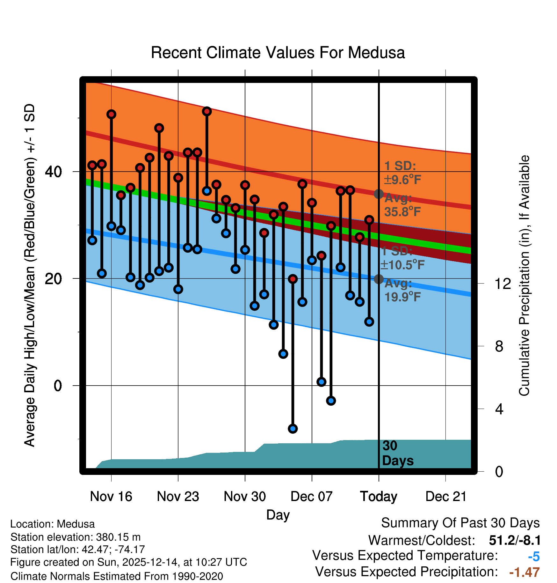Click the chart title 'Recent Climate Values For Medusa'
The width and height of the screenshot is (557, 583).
pos(278,53)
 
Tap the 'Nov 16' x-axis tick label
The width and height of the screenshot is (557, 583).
pos(111,497)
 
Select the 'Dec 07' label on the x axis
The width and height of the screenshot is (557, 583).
pos(311,497)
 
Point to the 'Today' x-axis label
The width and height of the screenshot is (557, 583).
pos(379,497)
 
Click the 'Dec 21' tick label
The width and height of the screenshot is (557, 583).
pos(446,497)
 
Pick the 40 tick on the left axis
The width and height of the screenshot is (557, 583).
pos(53,172)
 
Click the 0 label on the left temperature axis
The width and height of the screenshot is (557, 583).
pos(58,386)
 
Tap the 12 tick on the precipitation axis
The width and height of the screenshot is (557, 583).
pos(503,284)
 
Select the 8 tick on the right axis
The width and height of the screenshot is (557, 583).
pos(499,346)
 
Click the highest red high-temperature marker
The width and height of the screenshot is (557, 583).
pos(207,111)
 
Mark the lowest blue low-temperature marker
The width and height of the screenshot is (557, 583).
pos(293,429)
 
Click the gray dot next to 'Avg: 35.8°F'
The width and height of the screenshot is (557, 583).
pos(379,194)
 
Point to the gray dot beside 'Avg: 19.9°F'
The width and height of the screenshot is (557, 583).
pos(379,279)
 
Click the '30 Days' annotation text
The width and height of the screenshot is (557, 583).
pos(397,453)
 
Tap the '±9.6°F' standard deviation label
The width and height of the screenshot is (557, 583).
pos(402,180)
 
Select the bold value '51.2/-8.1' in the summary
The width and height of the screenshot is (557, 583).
pos(515,540)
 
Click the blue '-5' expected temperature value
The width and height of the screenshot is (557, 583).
pos(534,557)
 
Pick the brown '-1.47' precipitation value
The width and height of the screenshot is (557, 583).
pos(524,572)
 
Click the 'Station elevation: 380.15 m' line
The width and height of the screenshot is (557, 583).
pos(76,537)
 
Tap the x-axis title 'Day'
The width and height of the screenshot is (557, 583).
pos(278,515)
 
